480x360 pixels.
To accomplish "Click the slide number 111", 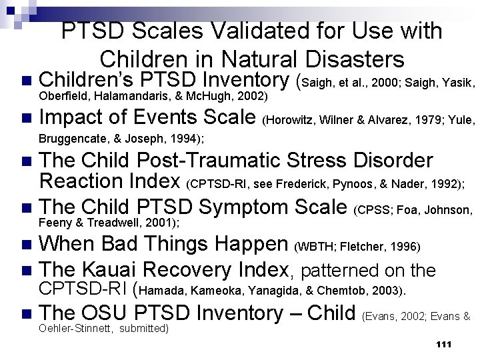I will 443,344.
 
